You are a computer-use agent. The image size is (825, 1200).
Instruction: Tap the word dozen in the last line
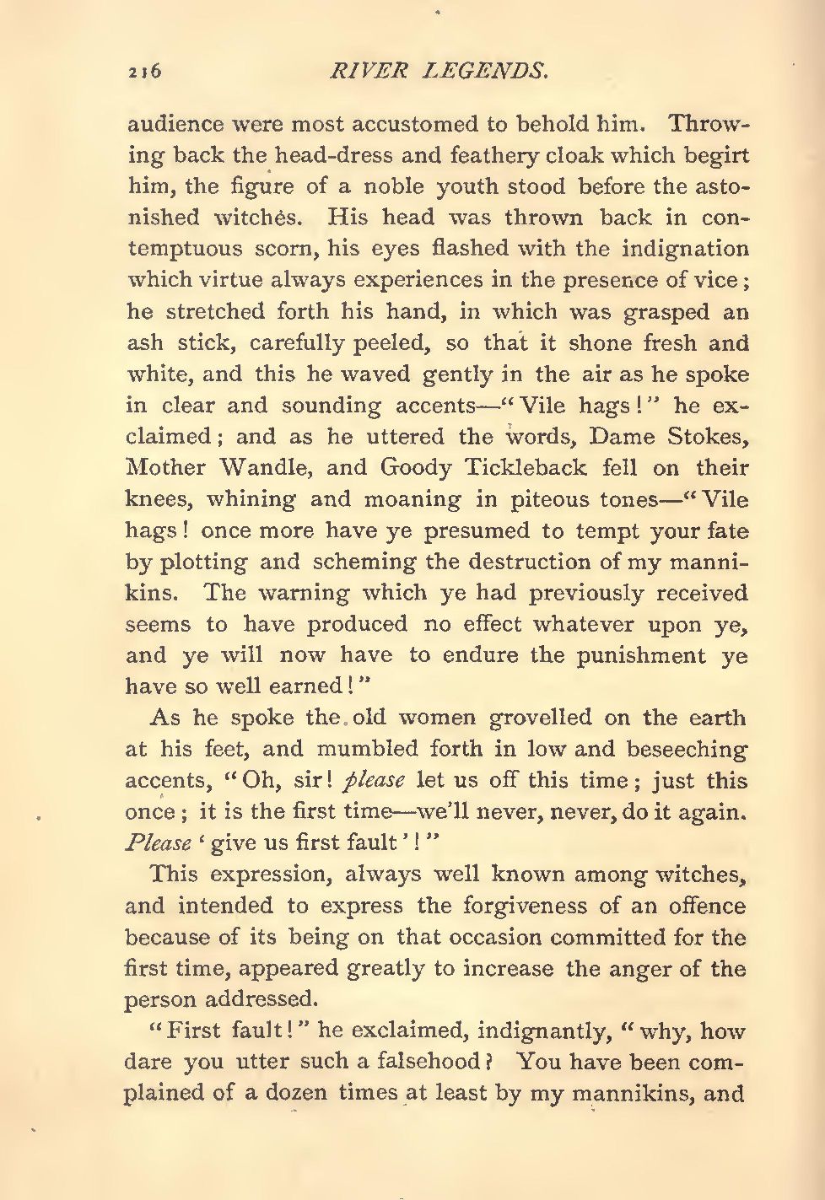[299, 1094]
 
